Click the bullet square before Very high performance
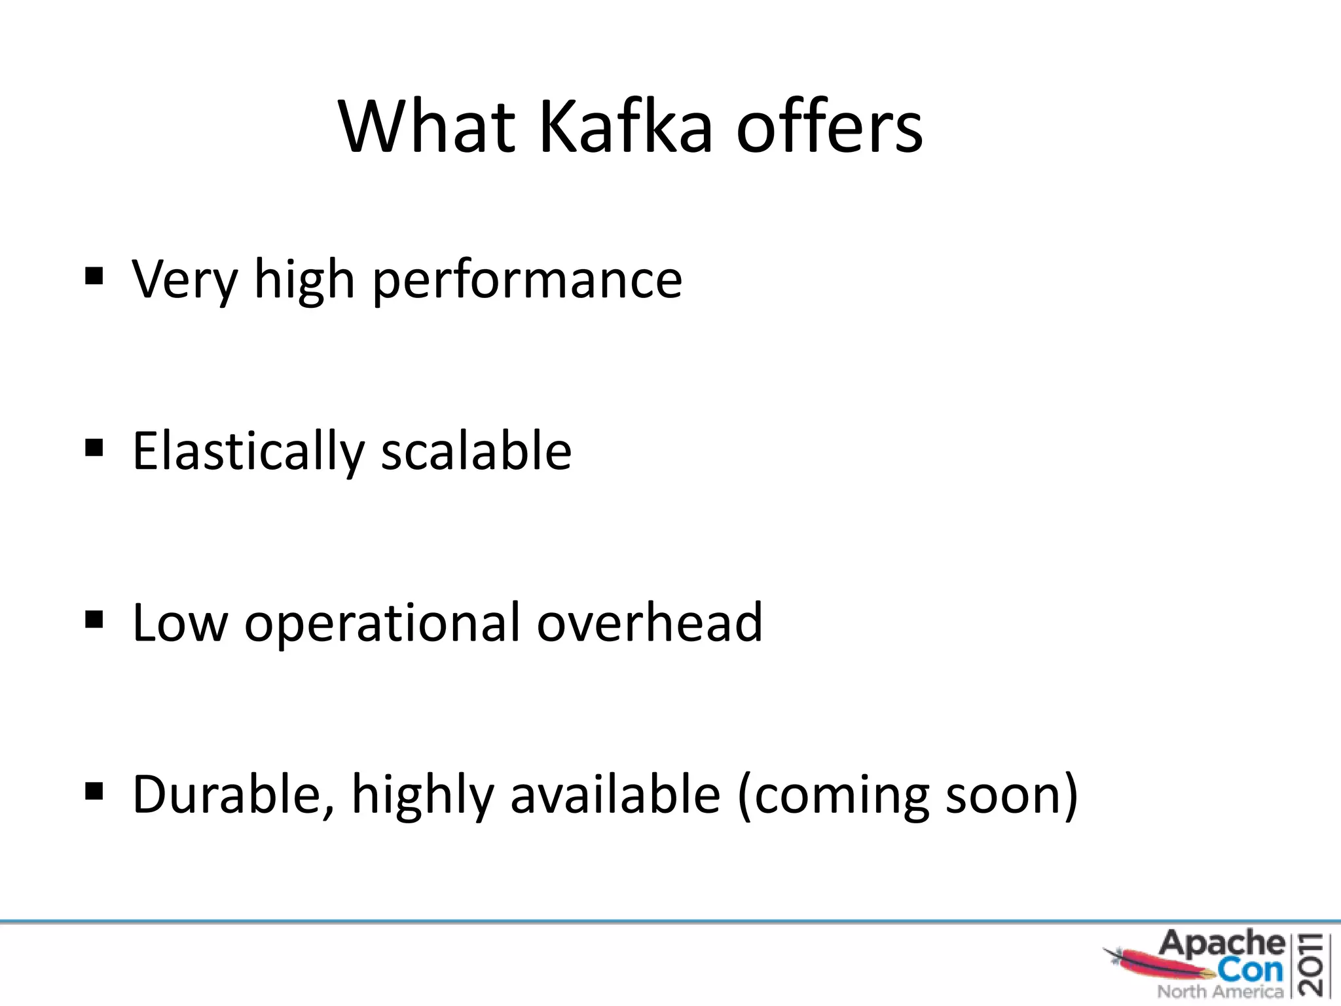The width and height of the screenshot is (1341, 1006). (94, 277)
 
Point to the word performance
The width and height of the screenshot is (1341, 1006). (527, 280)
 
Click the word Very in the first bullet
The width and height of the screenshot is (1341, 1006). (184, 280)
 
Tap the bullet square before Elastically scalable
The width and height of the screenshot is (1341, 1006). (94, 449)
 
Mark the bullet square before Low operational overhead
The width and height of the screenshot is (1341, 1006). (94, 620)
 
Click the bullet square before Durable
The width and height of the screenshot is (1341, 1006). (94, 791)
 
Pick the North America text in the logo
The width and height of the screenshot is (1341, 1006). (1220, 992)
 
